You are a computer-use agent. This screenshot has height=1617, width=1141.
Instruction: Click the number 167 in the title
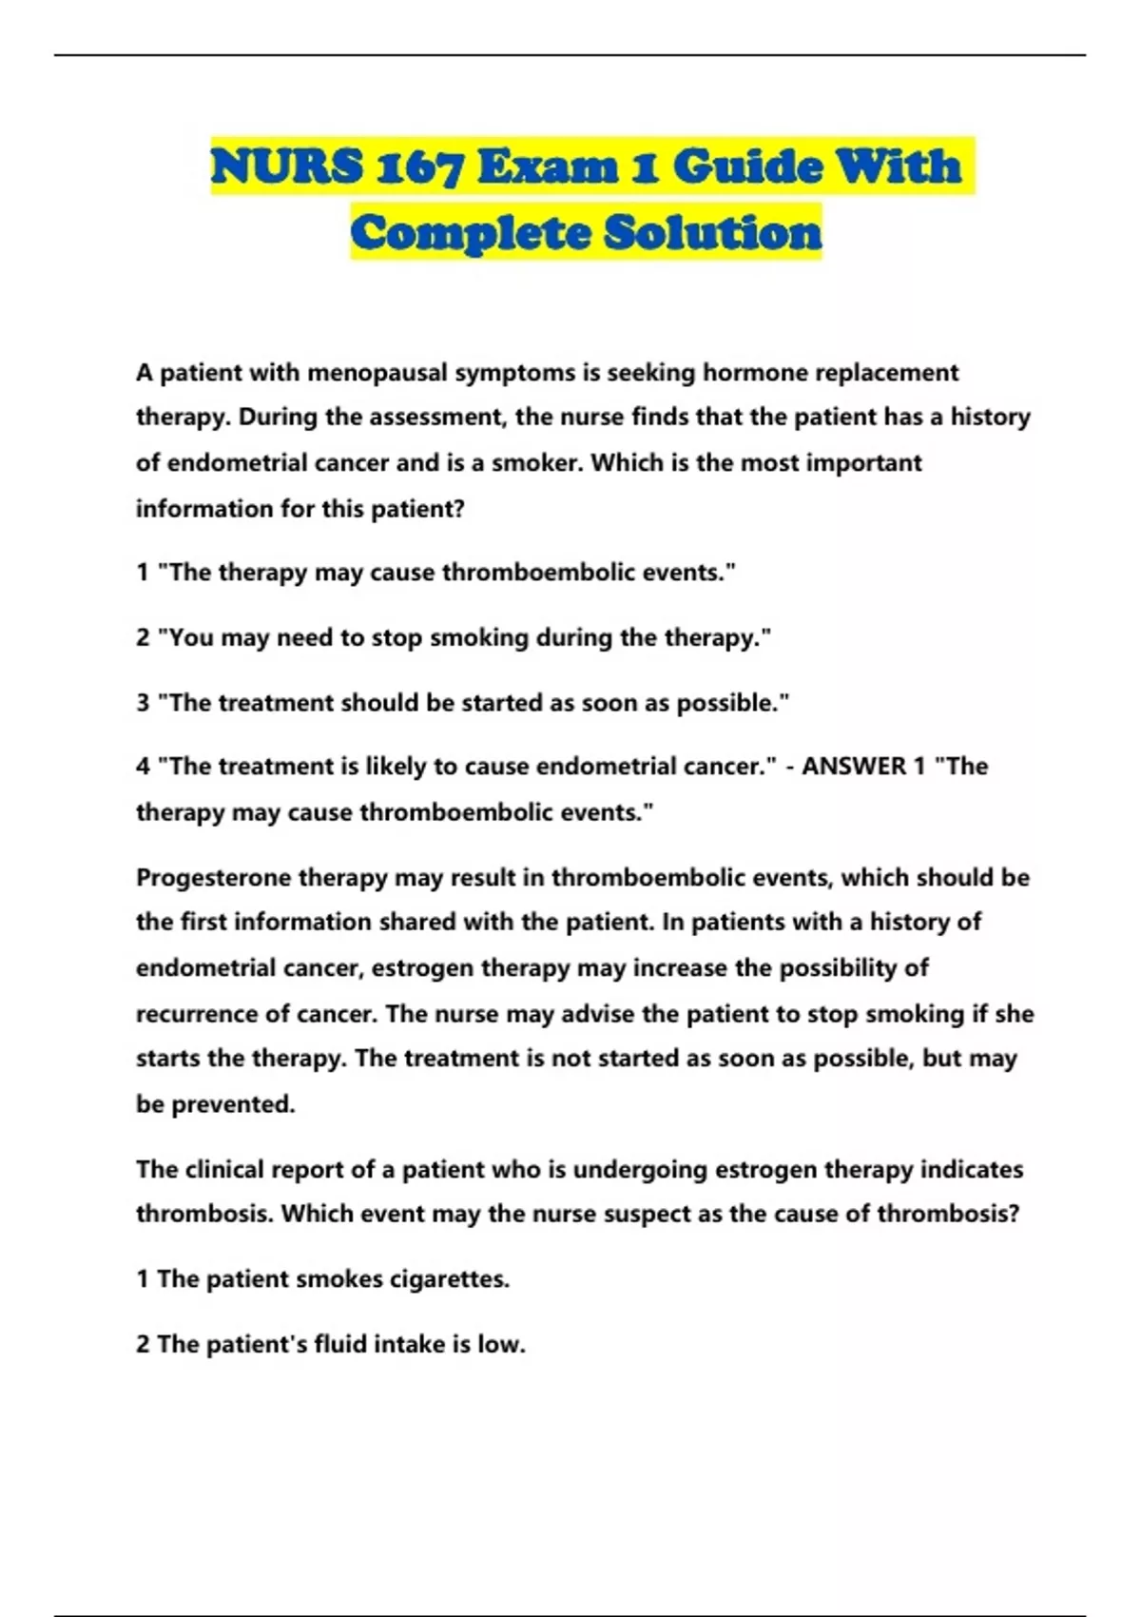click(x=419, y=167)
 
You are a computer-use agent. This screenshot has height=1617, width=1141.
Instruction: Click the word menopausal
click(x=377, y=373)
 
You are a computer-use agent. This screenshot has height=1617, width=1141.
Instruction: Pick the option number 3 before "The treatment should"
click(x=143, y=703)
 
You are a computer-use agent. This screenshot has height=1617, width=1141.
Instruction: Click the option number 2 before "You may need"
click(x=143, y=637)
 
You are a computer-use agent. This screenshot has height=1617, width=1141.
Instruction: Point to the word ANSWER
click(x=854, y=767)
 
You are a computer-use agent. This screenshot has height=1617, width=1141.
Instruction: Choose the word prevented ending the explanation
click(x=232, y=1104)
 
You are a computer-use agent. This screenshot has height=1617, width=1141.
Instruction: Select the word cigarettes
click(x=448, y=1279)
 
